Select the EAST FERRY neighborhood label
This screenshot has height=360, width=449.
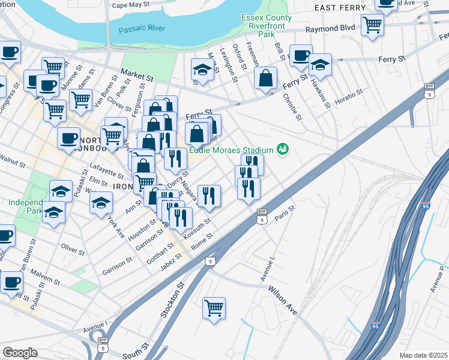click(340, 7)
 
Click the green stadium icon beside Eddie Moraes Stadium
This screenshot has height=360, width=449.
click(283, 149)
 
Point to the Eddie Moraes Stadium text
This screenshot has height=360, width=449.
click(231, 150)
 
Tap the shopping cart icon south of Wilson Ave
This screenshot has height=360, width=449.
click(214, 308)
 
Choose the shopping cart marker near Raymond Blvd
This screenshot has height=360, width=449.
click(372, 25)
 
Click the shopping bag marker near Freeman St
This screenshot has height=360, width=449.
click(265, 78)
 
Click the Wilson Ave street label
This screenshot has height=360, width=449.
click(283, 301)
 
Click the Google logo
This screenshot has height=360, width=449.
click(19, 353)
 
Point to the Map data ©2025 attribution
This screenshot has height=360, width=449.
click(423, 355)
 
